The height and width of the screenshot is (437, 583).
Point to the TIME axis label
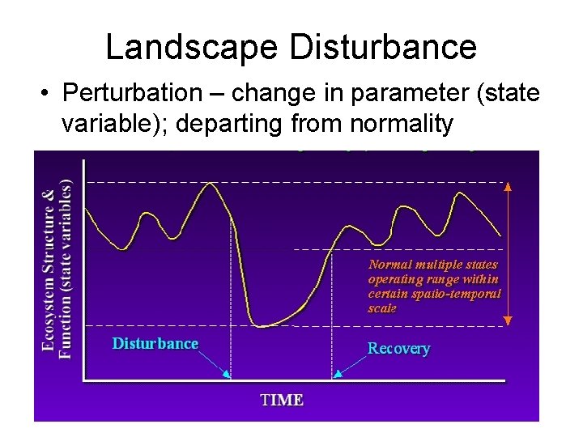[281, 400]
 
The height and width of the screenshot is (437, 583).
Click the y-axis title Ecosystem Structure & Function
[57, 267]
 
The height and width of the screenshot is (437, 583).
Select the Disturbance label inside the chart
[155, 344]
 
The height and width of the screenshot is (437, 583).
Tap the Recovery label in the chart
[398, 349]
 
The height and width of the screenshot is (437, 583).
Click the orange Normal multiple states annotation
[434, 286]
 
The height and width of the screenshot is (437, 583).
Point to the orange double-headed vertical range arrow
[508, 253]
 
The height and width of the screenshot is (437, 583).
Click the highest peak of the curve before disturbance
[211, 183]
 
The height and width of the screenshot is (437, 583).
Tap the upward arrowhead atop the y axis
[84, 160]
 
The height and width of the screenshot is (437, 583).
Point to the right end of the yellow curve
[500, 235]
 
